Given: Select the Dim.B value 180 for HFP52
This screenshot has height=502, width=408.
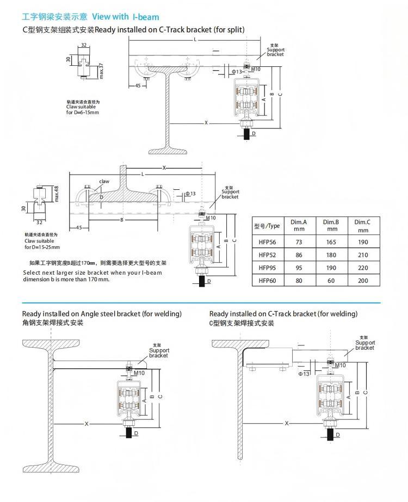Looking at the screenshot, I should point(331,255).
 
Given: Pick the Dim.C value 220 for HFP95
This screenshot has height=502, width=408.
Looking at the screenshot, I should point(363,268).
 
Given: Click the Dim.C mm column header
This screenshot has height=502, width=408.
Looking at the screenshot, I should point(362,225).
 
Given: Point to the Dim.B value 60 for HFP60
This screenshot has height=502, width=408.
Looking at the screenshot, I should point(331,281).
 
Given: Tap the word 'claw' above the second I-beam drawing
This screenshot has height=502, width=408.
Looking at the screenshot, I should point(104,181).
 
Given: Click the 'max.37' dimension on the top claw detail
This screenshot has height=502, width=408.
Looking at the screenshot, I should point(101,71).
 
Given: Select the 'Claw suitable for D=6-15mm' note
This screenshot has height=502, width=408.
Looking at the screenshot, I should point(83,109).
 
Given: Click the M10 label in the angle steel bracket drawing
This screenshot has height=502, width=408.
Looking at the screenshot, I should point(139,373).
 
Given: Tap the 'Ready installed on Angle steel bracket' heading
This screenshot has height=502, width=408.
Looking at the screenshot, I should point(102,314).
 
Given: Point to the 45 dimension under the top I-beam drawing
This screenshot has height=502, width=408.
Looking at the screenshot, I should point(138,86).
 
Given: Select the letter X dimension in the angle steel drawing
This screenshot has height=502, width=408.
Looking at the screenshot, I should point(86,423).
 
